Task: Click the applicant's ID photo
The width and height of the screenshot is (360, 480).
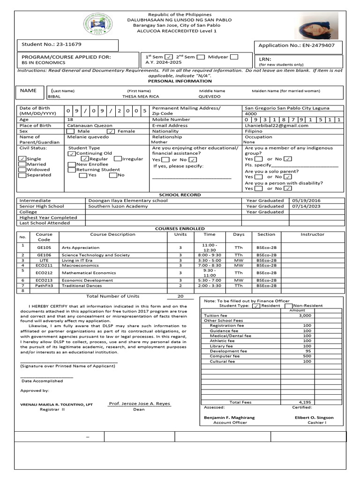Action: (319, 26)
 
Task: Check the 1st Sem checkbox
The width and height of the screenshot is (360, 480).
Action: (169, 57)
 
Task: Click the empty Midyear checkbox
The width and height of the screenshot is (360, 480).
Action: (234, 57)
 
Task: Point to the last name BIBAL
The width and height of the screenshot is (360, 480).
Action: (54, 96)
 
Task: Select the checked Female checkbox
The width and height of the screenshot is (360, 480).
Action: (111, 132)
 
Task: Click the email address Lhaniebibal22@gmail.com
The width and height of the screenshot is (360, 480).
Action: (277, 126)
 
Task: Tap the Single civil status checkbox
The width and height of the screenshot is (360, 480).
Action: (22, 159)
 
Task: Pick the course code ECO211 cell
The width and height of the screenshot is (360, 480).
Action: (44, 265)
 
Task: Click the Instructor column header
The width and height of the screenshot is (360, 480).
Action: (312, 234)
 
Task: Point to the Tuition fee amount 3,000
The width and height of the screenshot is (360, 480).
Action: (305, 316)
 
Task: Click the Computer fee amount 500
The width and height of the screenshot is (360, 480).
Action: (307, 356)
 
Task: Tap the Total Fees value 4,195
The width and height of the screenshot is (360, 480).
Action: (305, 402)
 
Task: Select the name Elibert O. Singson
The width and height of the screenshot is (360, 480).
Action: (314, 417)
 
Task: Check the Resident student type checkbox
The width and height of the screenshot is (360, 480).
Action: (256, 306)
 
